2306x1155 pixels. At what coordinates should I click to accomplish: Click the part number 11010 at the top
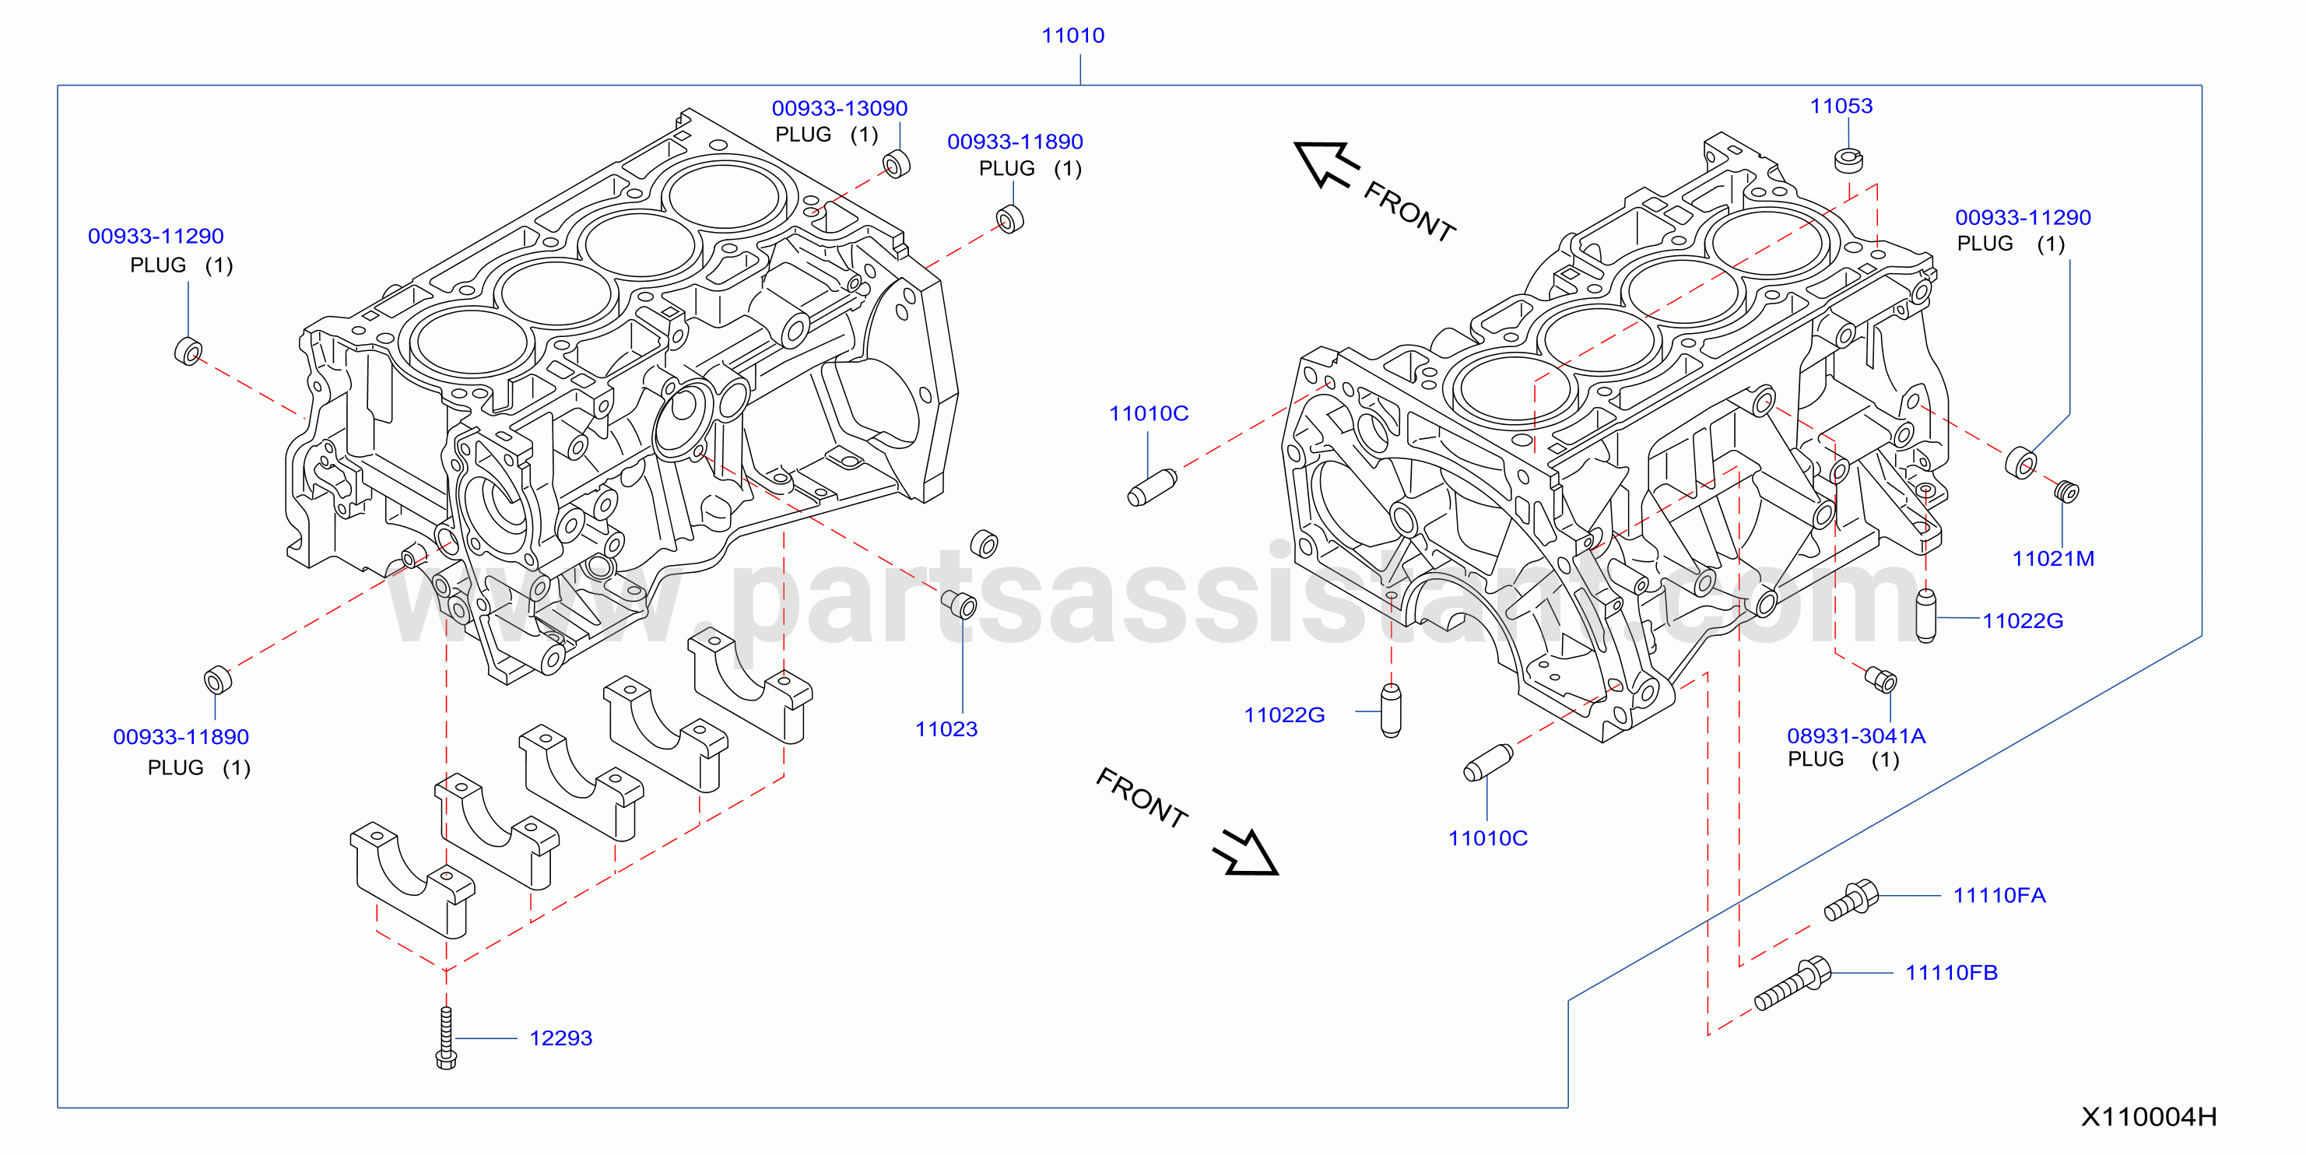1072,36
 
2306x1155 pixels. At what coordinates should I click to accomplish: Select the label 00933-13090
840,108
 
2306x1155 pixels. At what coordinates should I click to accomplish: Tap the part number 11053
1841,106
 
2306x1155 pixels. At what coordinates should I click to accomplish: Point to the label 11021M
2054,559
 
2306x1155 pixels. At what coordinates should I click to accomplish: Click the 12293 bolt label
560,1038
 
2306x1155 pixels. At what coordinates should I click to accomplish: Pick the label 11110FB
1952,972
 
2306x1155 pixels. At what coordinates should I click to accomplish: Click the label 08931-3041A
1857,736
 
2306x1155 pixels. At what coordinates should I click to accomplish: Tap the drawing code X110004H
2149,1117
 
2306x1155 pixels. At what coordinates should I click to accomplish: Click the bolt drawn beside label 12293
446,1037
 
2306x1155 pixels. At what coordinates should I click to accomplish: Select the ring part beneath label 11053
1848,160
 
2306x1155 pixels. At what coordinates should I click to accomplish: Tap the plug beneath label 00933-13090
896,165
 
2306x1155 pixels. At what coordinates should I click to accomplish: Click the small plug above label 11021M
2066,492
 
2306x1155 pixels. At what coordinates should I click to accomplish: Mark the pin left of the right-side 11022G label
1925,616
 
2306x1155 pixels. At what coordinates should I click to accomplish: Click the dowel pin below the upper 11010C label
1152,488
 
